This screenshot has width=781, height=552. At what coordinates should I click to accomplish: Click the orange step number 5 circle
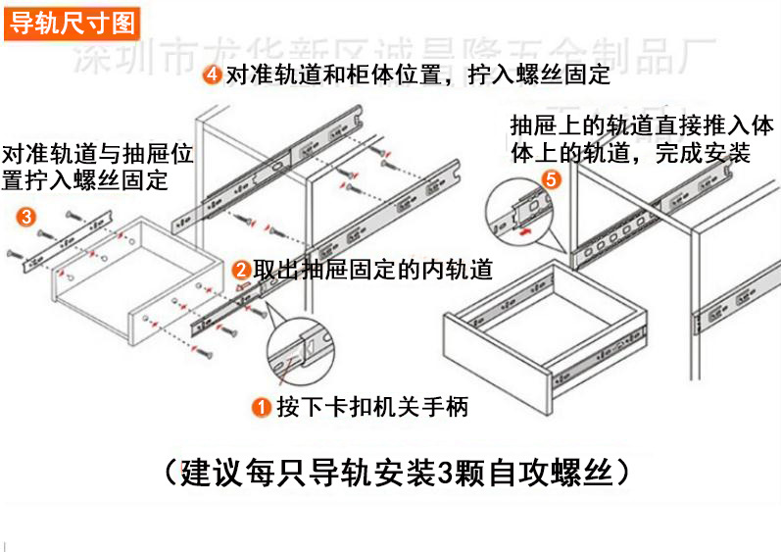pyautogui.click(x=551, y=179)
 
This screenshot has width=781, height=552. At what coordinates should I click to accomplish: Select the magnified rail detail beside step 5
pyautogui.click(x=520, y=211)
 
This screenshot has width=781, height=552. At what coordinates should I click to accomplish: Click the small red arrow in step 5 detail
pyautogui.click(x=526, y=232)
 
